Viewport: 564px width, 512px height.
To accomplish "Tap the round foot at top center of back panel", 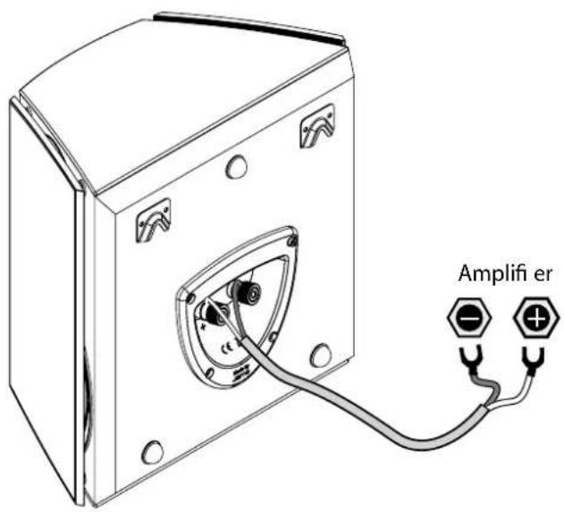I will (238, 166).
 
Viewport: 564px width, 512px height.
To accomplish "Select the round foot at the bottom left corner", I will (152, 452).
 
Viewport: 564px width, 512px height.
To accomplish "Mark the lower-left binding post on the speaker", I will (213, 312).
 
